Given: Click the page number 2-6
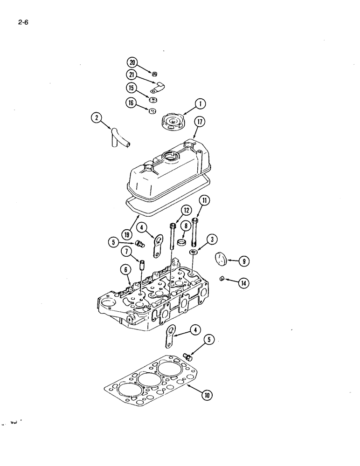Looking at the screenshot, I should pyautogui.click(x=23, y=22).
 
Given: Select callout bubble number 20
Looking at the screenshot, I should pyautogui.click(x=132, y=62).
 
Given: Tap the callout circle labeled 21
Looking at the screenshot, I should pyautogui.click(x=132, y=75).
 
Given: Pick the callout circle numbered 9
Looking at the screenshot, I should pyautogui.click(x=242, y=261).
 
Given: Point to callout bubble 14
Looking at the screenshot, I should pyautogui.click(x=243, y=282).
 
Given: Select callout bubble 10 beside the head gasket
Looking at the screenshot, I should pyautogui.click(x=207, y=395).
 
